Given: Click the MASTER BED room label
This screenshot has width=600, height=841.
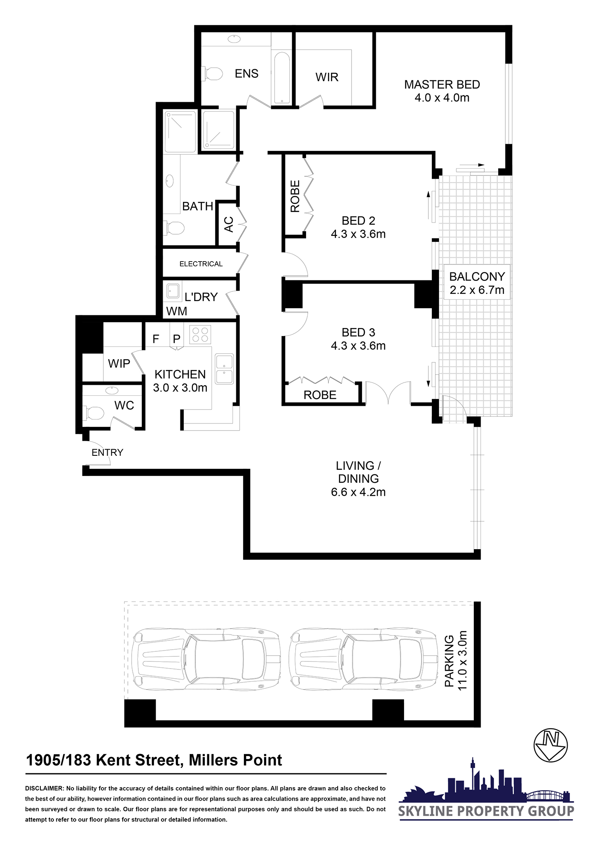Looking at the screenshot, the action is coord(442,85).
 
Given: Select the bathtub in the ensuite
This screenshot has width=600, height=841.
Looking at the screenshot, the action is coord(282,77).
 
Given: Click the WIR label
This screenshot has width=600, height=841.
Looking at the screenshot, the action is coord(327,77).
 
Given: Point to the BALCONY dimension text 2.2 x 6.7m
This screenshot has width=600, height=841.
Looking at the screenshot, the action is coord(477,290).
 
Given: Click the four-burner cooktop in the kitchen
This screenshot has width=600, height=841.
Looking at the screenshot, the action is coord(200,334).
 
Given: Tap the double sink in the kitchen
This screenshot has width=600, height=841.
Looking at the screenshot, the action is coord(224,369).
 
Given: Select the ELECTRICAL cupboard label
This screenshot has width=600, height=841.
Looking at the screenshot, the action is coord(201,264).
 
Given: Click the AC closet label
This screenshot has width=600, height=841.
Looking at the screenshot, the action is coord(229,224).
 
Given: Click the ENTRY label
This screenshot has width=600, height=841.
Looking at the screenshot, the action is coord(107,452).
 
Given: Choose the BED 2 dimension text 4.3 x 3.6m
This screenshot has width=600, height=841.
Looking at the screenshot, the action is coord(358,234).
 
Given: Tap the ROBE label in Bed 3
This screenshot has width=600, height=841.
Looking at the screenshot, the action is coord(320,395).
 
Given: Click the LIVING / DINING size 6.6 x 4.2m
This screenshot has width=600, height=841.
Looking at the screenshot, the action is coord(358,492).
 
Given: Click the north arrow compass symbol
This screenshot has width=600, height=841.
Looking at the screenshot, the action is coord(550,745).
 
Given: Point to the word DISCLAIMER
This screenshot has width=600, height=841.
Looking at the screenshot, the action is coord(44,788).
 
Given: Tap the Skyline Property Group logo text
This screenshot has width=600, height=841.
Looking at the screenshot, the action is coord(486,811).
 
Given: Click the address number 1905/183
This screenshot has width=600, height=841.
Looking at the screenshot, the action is coord(58,760).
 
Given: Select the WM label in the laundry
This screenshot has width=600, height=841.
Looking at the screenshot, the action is coord(177,311).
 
